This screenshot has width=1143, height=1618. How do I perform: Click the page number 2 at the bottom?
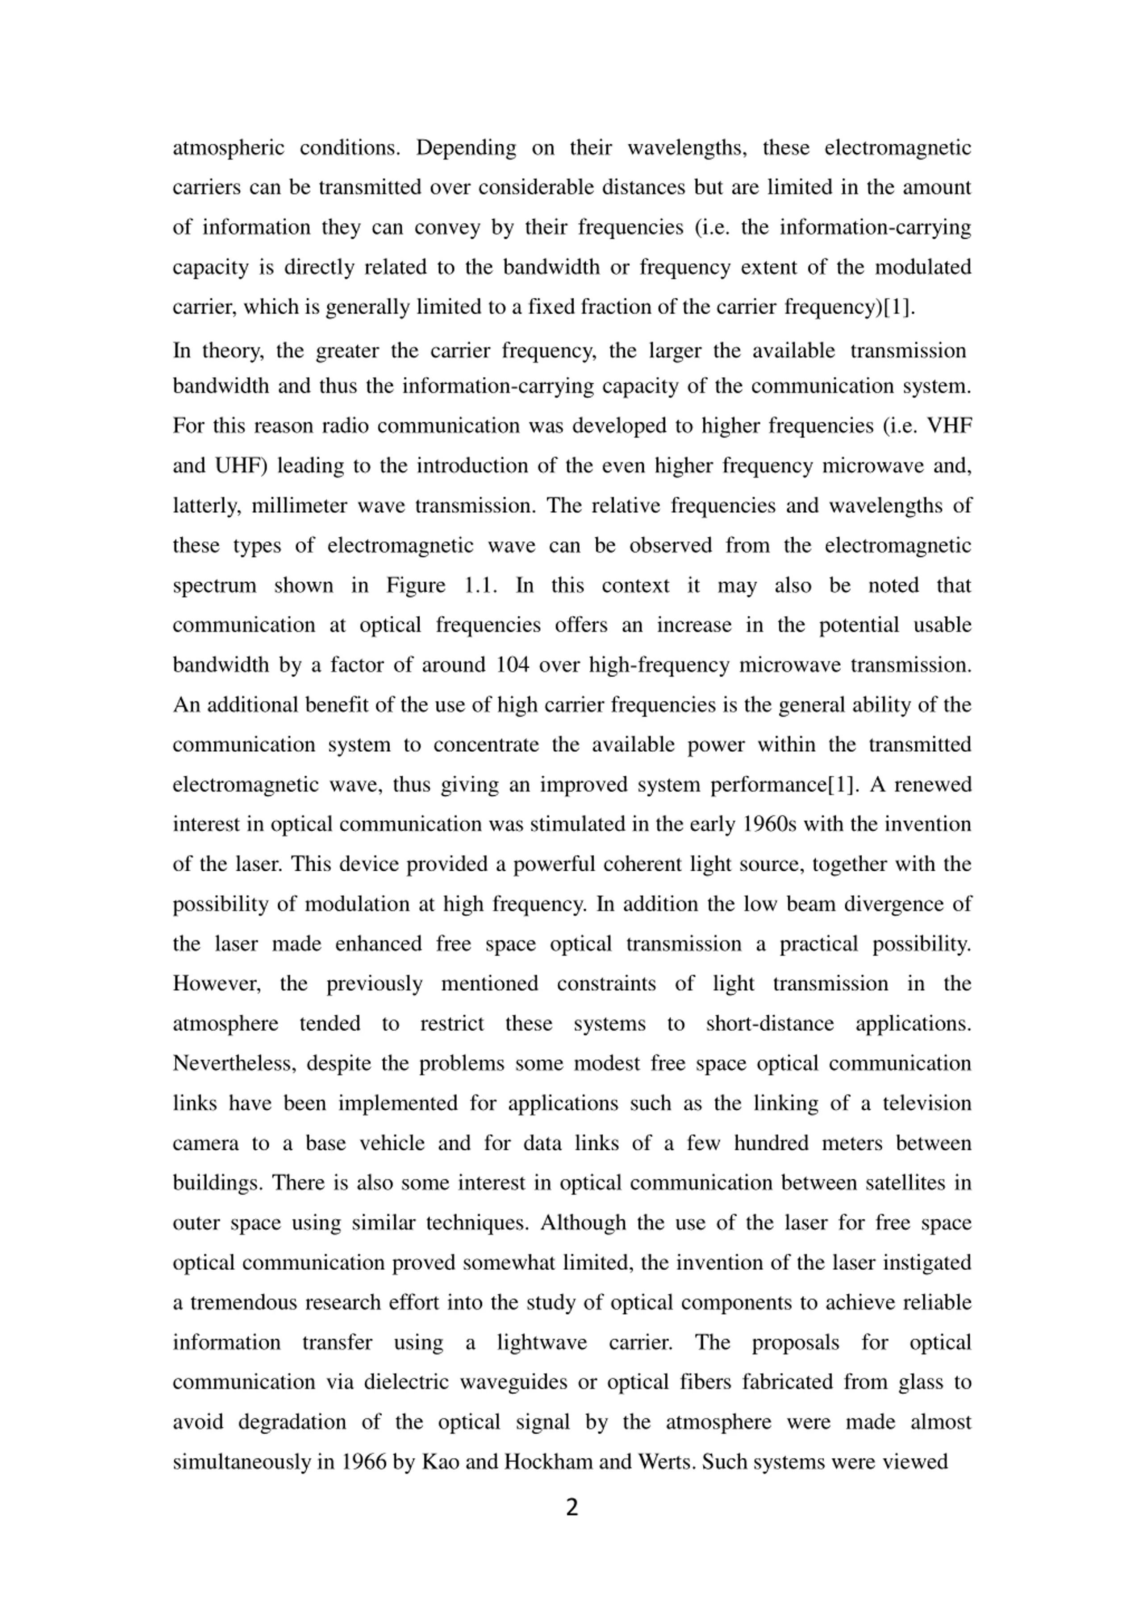click(x=571, y=1507)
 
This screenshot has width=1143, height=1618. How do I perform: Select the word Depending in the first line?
click(x=465, y=148)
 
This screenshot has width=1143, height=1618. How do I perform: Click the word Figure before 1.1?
click(x=416, y=585)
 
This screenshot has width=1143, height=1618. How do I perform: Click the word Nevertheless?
click(x=235, y=1063)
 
